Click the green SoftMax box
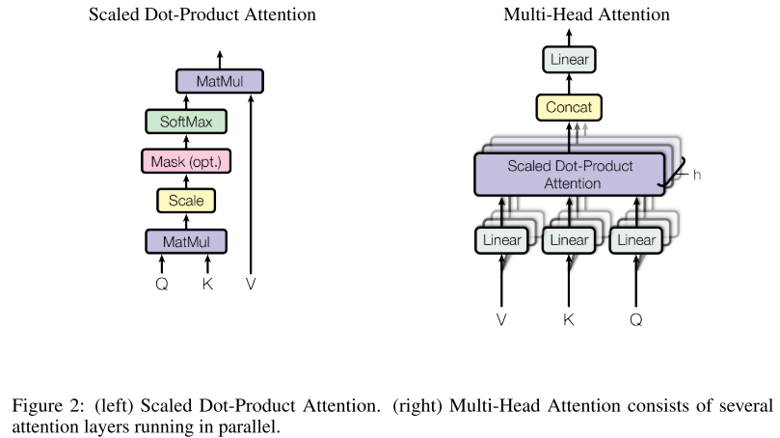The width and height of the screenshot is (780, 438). click(x=186, y=122)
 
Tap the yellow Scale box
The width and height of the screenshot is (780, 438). click(x=186, y=201)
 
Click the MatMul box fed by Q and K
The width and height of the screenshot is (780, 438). click(x=186, y=240)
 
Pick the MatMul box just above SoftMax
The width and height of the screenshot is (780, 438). click(x=219, y=81)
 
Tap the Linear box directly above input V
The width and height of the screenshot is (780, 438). click(x=501, y=240)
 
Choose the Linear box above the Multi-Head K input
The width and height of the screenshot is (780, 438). click(x=569, y=240)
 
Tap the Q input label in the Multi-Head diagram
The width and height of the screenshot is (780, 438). click(x=636, y=318)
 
